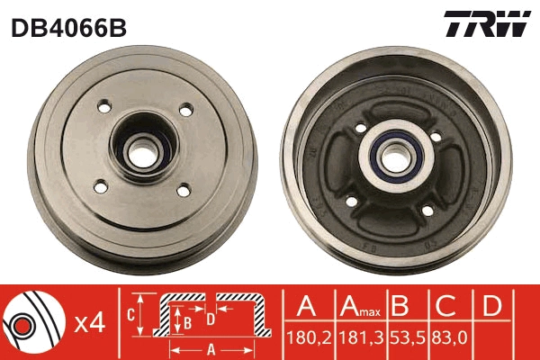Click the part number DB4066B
[x=68, y=27]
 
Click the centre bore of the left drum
[x=142, y=150]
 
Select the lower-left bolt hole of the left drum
[x=101, y=186]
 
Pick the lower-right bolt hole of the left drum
[x=183, y=190]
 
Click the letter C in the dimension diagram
[x=130, y=315]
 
